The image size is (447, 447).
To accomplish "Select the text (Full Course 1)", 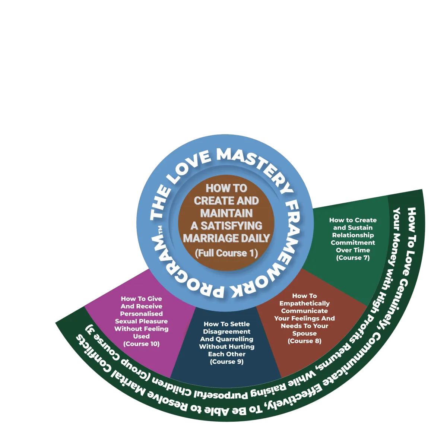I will pyautogui.click(x=226, y=253).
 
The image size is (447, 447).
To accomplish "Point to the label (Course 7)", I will pyautogui.click(x=353, y=258).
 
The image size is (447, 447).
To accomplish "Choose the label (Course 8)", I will pyautogui.click(x=304, y=341).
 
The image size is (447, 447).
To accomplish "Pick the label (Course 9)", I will pyautogui.click(x=226, y=362).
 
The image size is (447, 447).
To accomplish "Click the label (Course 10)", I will pyautogui.click(x=141, y=344).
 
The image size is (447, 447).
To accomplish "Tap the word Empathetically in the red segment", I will pyautogui.click(x=304, y=304).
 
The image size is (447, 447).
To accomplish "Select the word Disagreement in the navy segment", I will pyautogui.click(x=226, y=332).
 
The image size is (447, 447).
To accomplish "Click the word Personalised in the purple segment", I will pyautogui.click(x=141, y=314).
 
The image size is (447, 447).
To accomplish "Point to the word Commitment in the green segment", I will pyautogui.click(x=353, y=242).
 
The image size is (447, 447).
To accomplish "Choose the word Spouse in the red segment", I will pyautogui.click(x=304, y=333).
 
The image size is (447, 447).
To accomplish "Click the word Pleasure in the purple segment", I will pyautogui.click(x=153, y=321).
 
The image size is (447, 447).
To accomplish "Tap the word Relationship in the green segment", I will pyautogui.click(x=353, y=235).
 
